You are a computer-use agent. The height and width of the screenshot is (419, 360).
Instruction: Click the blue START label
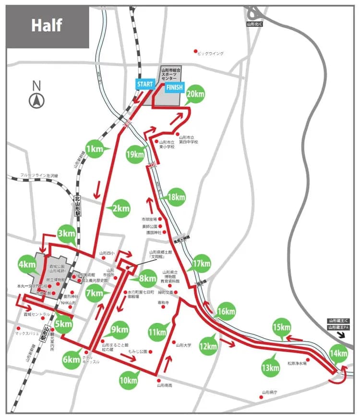(145, 84)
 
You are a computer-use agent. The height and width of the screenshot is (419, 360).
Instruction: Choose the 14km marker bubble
(338, 354)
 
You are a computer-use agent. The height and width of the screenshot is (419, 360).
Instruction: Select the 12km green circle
(209, 346)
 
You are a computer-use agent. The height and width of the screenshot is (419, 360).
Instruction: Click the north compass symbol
(36, 101)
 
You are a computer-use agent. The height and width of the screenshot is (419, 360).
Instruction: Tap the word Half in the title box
(47, 25)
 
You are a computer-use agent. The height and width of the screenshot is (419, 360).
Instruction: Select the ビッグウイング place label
(210, 53)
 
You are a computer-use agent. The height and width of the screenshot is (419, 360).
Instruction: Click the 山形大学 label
(184, 345)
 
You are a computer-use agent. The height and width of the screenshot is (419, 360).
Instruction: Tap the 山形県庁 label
(271, 393)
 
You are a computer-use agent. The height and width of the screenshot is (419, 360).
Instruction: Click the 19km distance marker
(136, 154)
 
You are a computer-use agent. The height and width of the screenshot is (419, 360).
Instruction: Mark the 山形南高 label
(166, 385)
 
